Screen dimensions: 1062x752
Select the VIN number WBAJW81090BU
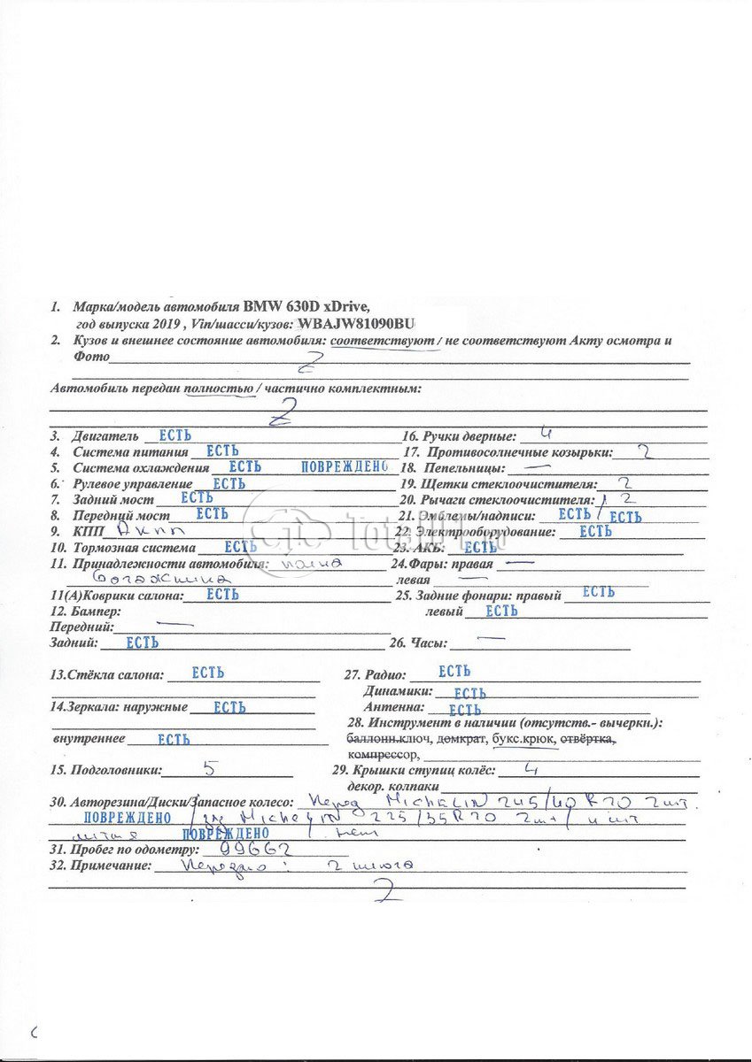coord(356,324)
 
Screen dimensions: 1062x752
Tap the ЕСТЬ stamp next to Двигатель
coord(174,435)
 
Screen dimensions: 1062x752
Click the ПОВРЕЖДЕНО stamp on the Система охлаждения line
coord(345,466)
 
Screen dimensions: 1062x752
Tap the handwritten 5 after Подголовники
coord(210,767)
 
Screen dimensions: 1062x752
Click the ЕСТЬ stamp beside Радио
coord(454,672)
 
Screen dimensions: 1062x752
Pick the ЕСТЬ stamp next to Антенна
coord(465,709)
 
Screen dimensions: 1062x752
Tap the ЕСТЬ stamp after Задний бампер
coord(142,643)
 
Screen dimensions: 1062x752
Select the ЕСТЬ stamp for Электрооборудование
coord(595,531)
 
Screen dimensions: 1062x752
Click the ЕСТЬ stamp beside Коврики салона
coord(222,595)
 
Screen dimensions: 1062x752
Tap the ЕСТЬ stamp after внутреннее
coord(174,738)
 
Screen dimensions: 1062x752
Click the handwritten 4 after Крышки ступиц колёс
coord(531,768)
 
